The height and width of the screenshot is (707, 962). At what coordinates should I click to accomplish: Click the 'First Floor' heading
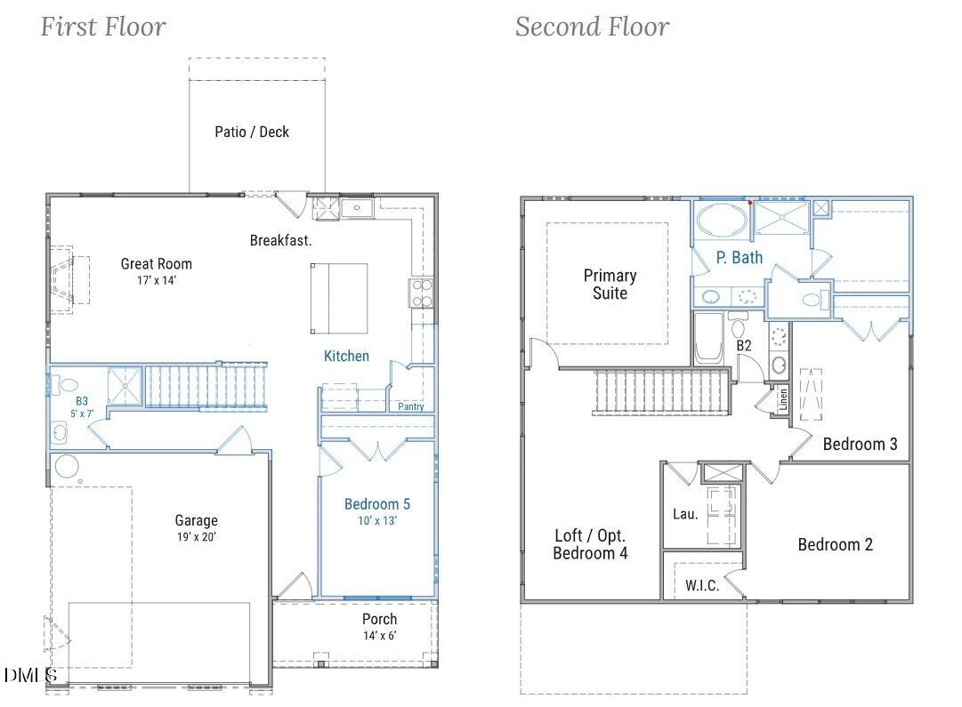tap(103, 27)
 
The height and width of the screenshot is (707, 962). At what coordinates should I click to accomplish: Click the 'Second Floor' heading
tap(592, 27)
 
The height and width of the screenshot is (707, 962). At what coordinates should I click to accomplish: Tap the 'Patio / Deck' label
tap(252, 132)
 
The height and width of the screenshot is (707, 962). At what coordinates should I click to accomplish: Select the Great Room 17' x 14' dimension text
tap(157, 281)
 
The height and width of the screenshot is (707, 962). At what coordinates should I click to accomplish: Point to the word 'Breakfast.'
tap(280, 240)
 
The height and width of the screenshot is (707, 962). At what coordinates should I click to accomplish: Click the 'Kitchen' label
tap(346, 356)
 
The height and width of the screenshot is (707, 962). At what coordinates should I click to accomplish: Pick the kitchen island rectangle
tap(339, 298)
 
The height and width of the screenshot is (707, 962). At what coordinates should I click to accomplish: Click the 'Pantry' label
tap(411, 406)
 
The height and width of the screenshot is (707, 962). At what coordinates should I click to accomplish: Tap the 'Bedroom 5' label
tap(377, 504)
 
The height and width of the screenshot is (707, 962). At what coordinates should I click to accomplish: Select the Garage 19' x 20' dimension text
tap(196, 537)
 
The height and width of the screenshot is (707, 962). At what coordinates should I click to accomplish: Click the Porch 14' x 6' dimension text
tap(379, 636)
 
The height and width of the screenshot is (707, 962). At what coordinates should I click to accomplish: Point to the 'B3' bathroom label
tap(83, 401)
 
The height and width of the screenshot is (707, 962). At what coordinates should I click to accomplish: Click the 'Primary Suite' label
tap(610, 284)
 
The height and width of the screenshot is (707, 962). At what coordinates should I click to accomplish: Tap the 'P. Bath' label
tap(740, 258)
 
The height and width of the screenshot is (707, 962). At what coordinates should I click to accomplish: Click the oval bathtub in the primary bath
tap(722, 219)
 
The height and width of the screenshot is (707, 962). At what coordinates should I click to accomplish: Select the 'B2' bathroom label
tap(744, 345)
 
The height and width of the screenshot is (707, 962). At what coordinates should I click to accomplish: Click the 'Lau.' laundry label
tap(684, 513)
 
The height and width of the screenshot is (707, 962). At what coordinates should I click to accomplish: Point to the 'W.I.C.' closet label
tap(702, 586)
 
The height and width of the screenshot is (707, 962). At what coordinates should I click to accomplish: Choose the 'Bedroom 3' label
tap(860, 444)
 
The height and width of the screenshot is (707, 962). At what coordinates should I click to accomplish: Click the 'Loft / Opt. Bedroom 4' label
tap(590, 544)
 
